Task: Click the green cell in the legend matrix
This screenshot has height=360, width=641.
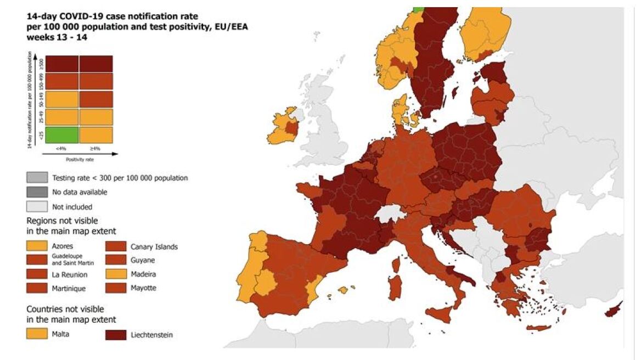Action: (x=62, y=135)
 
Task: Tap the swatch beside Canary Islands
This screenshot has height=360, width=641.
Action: (x=115, y=246)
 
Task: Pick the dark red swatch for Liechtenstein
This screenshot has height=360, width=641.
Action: (x=115, y=334)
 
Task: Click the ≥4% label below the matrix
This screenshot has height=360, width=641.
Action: (x=96, y=149)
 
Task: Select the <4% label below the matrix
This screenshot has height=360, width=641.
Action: (x=62, y=149)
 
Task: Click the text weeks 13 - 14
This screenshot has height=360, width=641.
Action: (x=57, y=37)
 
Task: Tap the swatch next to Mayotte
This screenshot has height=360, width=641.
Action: (x=115, y=288)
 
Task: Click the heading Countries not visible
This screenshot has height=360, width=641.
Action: (x=65, y=309)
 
